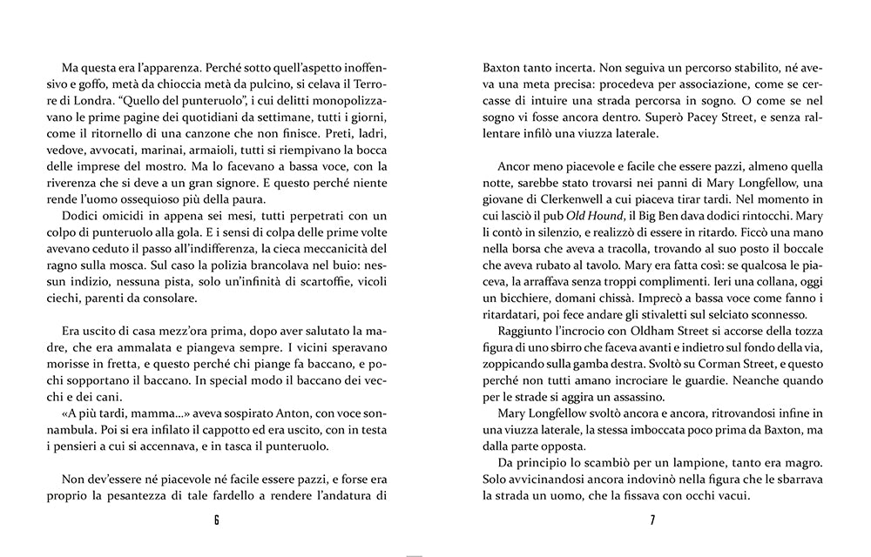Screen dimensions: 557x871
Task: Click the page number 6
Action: pyautogui.click(x=216, y=520)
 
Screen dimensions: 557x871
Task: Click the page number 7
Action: pyautogui.click(x=652, y=520)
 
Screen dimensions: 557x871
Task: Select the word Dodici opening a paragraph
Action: pyautogui.click(x=83, y=216)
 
